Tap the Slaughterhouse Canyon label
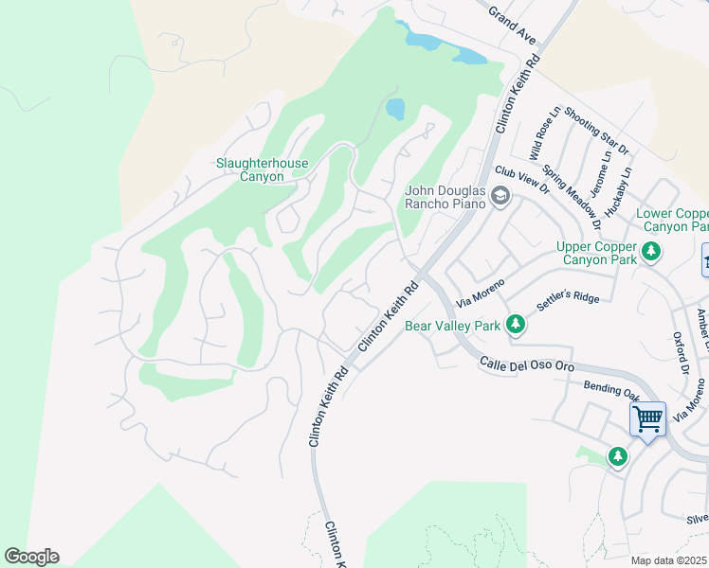263,169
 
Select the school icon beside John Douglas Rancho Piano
500,197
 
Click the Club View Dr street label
522,179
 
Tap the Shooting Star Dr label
596,131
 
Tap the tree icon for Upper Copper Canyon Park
650,251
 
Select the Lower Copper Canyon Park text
673,221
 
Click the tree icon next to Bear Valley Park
515,326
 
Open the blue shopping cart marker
647,417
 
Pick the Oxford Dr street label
680,352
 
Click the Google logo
31,557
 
